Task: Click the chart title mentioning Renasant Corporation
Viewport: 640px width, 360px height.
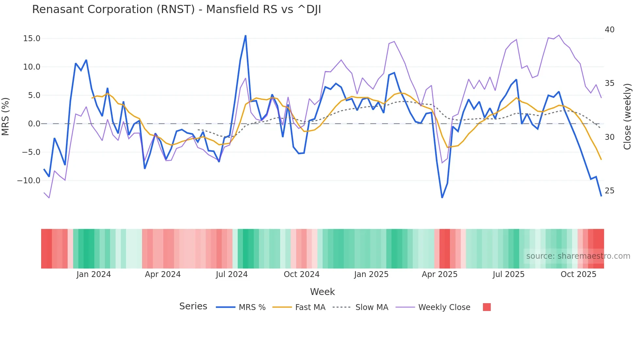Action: (x=176, y=9)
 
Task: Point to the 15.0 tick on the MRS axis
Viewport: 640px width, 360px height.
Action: (x=32, y=39)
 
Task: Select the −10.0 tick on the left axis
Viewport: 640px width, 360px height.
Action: (x=29, y=180)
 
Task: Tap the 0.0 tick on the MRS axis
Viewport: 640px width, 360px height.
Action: (x=34, y=124)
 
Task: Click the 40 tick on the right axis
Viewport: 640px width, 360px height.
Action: (x=609, y=30)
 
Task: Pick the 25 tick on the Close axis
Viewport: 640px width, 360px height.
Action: (x=609, y=191)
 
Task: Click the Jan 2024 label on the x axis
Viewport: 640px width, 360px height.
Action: (x=94, y=274)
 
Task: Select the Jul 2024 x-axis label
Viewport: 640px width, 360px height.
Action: (x=232, y=274)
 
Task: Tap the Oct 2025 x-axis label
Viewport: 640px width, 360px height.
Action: (x=578, y=274)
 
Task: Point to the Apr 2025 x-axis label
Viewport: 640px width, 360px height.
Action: (x=440, y=274)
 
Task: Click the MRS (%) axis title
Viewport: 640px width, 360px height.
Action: (x=6, y=117)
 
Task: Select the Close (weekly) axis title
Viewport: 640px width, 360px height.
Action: (x=627, y=117)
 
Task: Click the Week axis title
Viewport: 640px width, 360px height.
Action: (x=322, y=292)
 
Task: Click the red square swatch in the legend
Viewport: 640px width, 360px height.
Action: (x=487, y=307)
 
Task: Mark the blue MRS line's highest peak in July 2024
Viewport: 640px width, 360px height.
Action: (x=246, y=36)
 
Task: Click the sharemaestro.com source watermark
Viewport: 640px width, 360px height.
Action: (x=578, y=256)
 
